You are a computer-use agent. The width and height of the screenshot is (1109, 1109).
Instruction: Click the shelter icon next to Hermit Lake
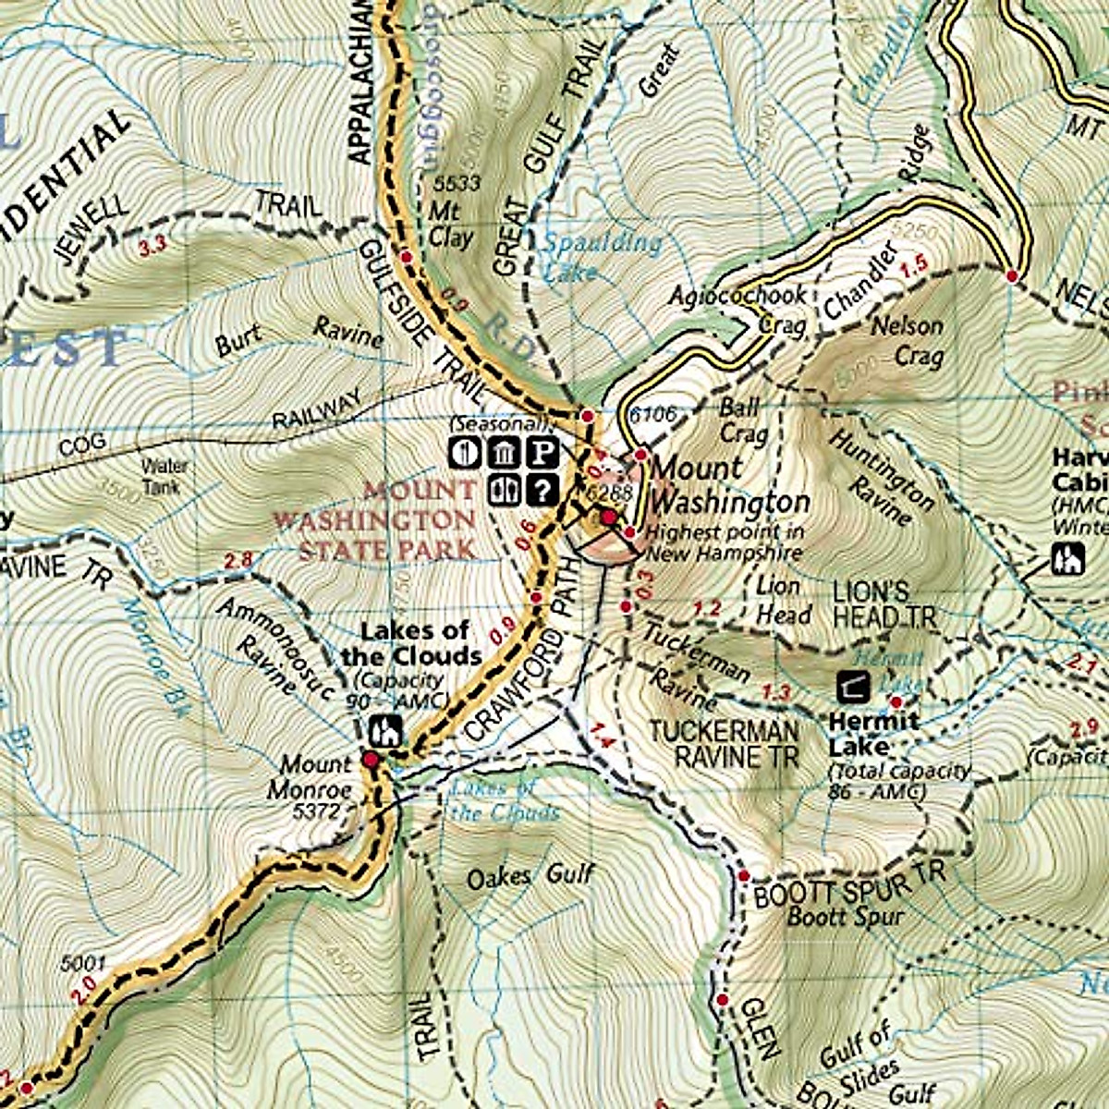(851, 686)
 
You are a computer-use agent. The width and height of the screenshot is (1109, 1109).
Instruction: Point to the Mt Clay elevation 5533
(457, 184)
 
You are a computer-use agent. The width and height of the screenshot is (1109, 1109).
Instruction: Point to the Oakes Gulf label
(530, 875)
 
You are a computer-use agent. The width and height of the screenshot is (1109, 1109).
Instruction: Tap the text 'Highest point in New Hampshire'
(724, 542)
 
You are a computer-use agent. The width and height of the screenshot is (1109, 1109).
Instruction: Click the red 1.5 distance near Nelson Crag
(913, 266)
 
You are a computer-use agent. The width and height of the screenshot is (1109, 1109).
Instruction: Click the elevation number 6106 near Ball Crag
(652, 415)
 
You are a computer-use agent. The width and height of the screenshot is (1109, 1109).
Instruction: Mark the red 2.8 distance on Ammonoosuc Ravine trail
(238, 559)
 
